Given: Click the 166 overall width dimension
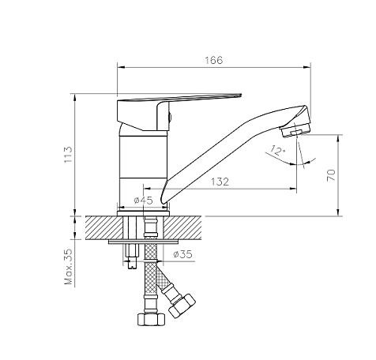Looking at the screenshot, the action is (x=214, y=60).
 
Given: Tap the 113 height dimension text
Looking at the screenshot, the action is (x=68, y=155).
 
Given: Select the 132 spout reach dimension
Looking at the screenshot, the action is (x=220, y=182).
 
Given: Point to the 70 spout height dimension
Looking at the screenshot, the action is (x=331, y=175).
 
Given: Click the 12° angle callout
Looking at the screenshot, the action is (x=277, y=151).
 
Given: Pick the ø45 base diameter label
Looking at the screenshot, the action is (x=143, y=201).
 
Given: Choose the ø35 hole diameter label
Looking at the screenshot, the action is (x=182, y=254).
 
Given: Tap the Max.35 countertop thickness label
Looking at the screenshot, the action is (x=68, y=266).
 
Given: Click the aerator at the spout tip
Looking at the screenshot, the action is (x=295, y=130).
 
